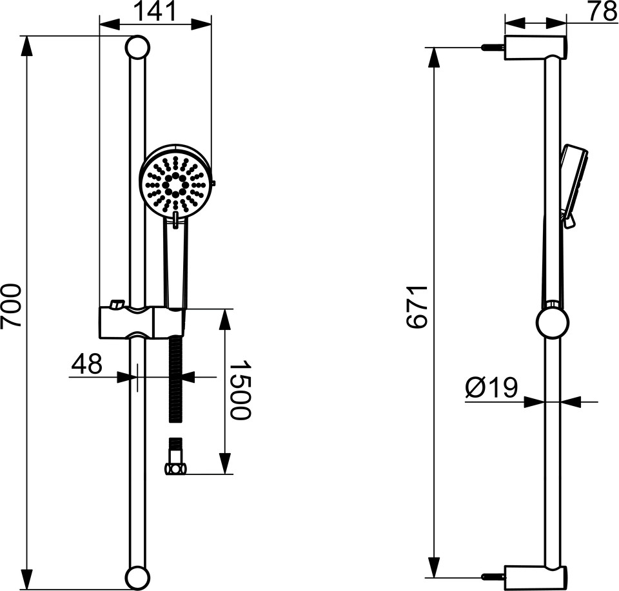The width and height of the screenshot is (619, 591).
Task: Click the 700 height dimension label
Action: coord(11,305)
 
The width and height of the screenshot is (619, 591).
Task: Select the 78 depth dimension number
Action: coord(602,11)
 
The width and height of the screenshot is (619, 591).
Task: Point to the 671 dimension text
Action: coord(417,307)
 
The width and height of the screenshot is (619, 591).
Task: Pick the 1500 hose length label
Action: coord(239,389)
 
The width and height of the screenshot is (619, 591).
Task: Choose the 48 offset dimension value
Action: coord(86,363)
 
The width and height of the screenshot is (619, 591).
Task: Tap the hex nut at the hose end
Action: coord(175,469)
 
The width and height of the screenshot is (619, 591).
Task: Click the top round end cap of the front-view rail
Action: coord(137,47)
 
